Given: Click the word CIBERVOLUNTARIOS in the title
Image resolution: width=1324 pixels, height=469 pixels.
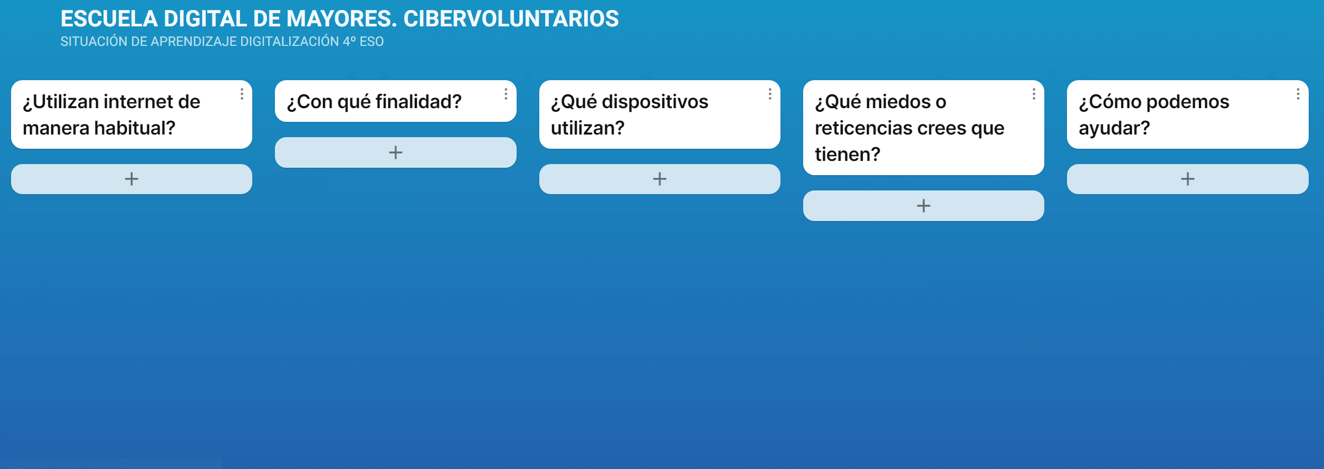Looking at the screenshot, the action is coord(511,19).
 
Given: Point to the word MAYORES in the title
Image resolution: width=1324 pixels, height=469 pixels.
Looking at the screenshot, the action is coord(341,19).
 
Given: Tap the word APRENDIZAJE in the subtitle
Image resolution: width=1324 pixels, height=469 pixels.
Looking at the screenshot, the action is coord(194,42).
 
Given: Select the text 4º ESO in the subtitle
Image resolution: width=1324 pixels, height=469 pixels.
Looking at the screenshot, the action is coord(363,42).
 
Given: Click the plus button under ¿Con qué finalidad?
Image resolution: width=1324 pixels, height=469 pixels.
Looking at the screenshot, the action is coord(396,152).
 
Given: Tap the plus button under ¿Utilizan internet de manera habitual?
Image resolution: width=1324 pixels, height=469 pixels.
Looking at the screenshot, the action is coord(131,179).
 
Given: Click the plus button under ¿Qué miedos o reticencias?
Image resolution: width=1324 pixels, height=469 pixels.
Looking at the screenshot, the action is coord(923,206).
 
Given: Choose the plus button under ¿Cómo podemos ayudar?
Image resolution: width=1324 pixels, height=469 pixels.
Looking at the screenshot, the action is coord(1188,179).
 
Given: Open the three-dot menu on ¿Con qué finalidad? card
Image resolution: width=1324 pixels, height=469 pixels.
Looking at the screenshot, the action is coord(506,94).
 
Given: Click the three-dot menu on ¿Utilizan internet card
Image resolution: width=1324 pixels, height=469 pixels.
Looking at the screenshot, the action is coord(242,94).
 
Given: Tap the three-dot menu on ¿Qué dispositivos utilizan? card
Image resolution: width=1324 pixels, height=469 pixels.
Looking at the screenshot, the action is coord(770,94).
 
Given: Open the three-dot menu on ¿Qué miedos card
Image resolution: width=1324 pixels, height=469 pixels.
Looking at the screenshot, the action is coord(1034,94).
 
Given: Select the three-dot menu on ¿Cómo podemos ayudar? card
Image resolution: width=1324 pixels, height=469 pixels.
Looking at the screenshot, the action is coord(1298,94).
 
